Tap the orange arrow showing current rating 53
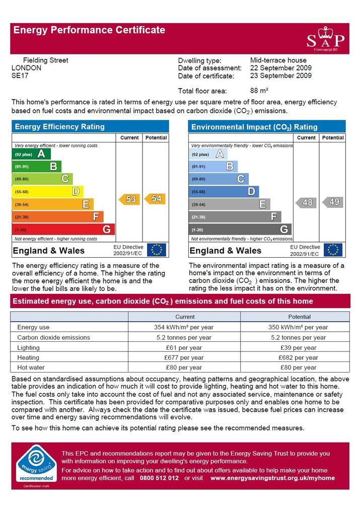pyautogui.click(x=129, y=199)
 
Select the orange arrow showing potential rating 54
pyautogui.click(x=155, y=199)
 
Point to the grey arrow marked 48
pyautogui.click(x=306, y=202)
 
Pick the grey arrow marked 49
pyautogui.click(x=332, y=202)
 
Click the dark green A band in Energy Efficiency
pyautogui.click(x=31, y=154)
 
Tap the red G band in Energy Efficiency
pyautogui.click(x=63, y=229)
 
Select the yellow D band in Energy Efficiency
pyautogui.click(x=47, y=192)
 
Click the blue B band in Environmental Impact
pyautogui.click(x=213, y=166)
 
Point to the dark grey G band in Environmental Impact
pyautogui.click(x=240, y=229)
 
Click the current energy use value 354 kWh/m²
pyautogui.click(x=183, y=327)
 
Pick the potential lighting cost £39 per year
pyautogui.click(x=298, y=347)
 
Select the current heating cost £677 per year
pyautogui.click(x=183, y=357)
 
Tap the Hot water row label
pyautogui.click(x=31, y=367)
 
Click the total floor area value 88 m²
pyautogui.click(x=259, y=91)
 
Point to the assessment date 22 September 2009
pyautogui.click(x=281, y=68)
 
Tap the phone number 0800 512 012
pyautogui.click(x=159, y=478)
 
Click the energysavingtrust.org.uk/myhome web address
pyautogui.click(x=272, y=478)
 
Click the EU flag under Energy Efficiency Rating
pyautogui.click(x=156, y=250)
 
